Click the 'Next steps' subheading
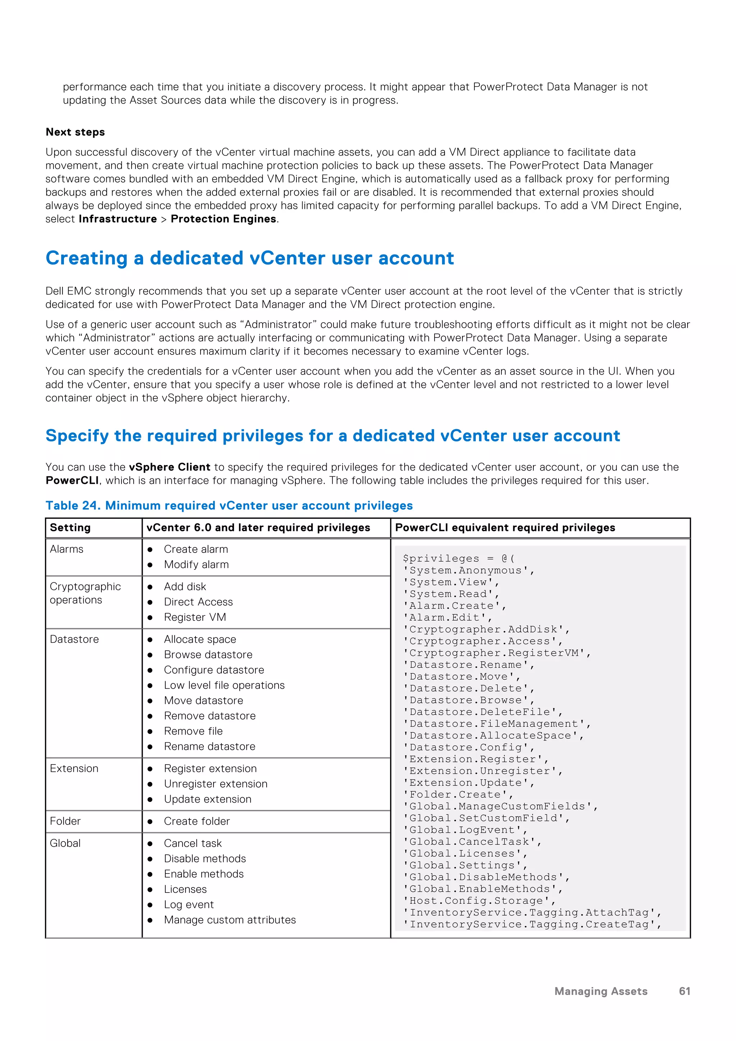(75, 132)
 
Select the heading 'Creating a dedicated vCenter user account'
(250, 258)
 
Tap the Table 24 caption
(229, 505)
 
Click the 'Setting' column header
(70, 527)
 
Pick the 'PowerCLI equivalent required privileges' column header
(505, 527)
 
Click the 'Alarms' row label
(66, 549)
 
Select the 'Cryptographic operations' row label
(85, 593)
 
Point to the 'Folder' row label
(65, 821)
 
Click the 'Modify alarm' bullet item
(196, 564)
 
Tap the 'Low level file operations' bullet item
(224, 685)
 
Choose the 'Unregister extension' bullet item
(216, 784)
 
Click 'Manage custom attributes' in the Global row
(230, 920)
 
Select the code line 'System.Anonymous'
(468, 570)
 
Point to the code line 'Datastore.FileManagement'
(496, 724)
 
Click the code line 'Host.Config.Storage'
(479, 900)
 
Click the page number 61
(684, 992)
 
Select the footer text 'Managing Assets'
(601, 992)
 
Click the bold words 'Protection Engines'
(224, 219)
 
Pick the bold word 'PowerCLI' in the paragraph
(72, 481)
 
